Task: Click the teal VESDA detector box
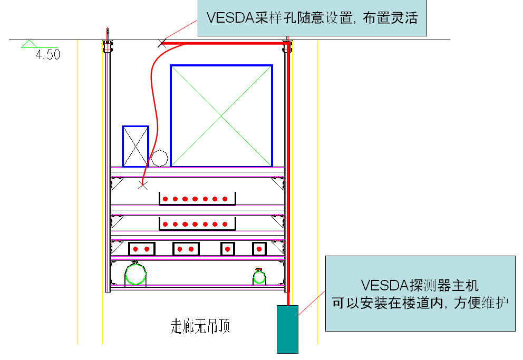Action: click(287, 329)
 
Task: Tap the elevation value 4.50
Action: click(48, 54)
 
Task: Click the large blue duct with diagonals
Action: click(221, 115)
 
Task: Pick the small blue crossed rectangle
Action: click(135, 146)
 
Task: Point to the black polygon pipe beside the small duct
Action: click(159, 158)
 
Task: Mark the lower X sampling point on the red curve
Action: click(142, 184)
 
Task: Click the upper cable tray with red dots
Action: click(197, 199)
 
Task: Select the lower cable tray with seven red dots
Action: click(197, 225)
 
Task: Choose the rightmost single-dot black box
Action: click(259, 248)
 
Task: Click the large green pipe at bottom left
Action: click(135, 274)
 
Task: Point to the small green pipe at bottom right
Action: click(258, 276)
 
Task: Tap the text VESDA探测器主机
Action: click(420, 286)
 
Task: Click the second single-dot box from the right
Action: click(227, 248)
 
